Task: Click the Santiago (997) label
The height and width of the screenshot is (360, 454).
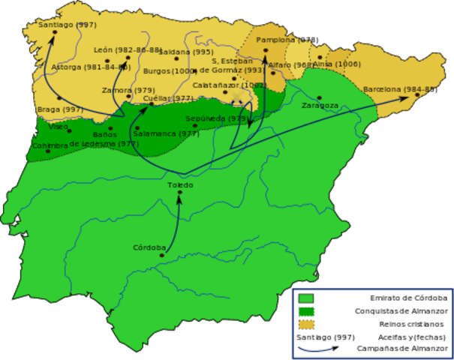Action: [x=68, y=25]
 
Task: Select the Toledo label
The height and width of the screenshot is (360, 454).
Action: [x=180, y=184]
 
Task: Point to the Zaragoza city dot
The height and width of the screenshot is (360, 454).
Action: [x=320, y=97]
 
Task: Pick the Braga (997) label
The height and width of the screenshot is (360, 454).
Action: [x=60, y=109]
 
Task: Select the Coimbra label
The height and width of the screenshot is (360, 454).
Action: [x=50, y=145]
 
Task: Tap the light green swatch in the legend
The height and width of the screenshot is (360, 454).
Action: [x=305, y=298]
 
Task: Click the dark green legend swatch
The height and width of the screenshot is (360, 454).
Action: [x=305, y=311]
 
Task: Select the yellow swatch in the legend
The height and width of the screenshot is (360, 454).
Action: [x=305, y=324]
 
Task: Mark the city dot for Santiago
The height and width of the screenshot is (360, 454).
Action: [x=55, y=31]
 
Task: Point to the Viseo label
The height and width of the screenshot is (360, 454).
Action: [x=58, y=126]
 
